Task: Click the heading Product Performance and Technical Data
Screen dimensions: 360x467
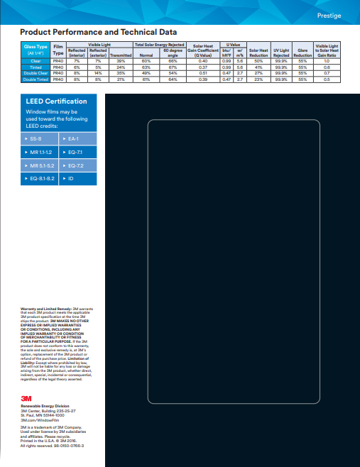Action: (98, 33)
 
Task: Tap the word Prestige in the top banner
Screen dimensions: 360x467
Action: (328, 15)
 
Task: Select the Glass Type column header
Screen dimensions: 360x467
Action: (35, 49)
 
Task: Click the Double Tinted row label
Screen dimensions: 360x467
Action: (35, 79)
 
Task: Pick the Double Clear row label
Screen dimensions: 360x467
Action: (35, 73)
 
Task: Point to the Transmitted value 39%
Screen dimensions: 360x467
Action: (121, 62)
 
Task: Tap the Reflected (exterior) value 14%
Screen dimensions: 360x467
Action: (98, 73)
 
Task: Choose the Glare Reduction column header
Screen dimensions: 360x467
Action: (302, 52)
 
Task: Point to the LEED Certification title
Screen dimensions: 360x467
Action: (56, 101)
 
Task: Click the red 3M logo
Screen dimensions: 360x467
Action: (26, 398)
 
